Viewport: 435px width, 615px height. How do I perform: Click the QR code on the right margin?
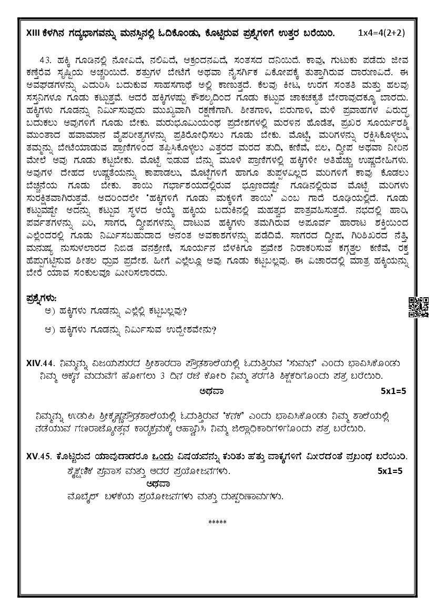click(419, 307)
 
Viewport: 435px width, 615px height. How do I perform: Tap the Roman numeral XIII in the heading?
click(33, 33)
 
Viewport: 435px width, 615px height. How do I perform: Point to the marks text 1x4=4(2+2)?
click(381, 33)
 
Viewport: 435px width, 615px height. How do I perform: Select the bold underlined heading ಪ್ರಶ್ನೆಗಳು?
click(42, 298)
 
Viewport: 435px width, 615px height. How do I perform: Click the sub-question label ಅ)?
click(50, 311)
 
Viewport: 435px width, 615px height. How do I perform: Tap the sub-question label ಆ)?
click(50, 330)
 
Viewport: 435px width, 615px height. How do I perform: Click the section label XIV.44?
click(42, 362)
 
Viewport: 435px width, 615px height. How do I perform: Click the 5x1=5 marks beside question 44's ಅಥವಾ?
click(393, 391)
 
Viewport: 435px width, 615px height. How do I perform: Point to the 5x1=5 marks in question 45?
click(390, 471)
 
